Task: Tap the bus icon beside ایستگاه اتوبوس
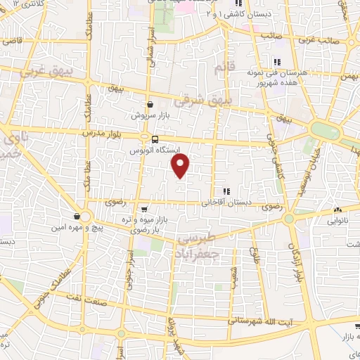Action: [154, 138]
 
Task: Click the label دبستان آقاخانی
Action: [226, 202]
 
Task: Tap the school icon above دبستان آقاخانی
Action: [226, 191]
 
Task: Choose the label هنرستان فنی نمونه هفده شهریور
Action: [274, 77]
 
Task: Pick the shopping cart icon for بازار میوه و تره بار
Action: [144, 209]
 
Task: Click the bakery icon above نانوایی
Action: [338, 210]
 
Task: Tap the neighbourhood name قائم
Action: [221, 68]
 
